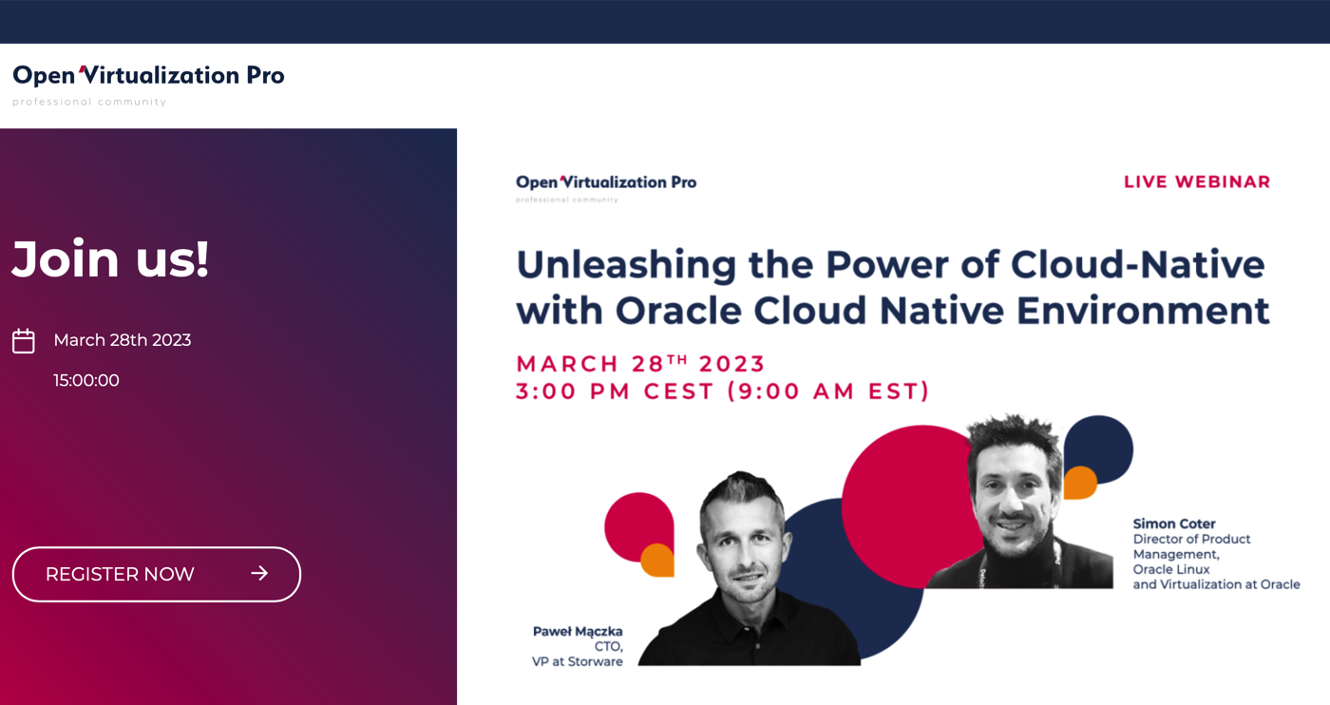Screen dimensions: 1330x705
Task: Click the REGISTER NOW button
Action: (156, 574)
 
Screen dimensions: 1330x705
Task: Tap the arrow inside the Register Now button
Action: (259, 573)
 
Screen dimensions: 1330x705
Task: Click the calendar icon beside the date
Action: (24, 341)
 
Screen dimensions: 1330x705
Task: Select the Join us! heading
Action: (110, 259)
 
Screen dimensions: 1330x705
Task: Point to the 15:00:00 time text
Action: (86, 380)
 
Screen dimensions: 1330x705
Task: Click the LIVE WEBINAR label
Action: (1197, 181)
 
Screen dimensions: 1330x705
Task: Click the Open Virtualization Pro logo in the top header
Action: (148, 85)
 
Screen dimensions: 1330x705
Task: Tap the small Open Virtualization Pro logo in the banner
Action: (606, 188)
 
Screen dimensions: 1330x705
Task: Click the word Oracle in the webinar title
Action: (678, 311)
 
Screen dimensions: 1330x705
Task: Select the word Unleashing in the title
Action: (626, 265)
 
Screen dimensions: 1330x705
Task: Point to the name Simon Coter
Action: (1174, 524)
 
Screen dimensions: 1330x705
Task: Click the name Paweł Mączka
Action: (578, 631)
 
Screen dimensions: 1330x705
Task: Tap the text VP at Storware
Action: (578, 661)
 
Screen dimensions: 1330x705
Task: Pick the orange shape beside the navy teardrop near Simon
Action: (1080, 483)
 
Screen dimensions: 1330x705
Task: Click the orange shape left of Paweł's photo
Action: (657, 560)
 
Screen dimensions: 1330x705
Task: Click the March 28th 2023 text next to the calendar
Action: (123, 340)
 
